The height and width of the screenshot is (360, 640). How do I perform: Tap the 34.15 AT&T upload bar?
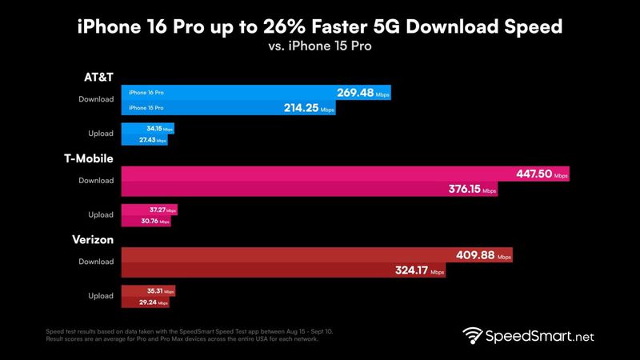pyautogui.click(x=147, y=128)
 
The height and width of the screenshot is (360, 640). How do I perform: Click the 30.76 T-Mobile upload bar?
pyautogui.click(x=145, y=220)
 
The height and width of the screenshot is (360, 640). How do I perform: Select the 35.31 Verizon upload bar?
pyautogui.click(x=147, y=291)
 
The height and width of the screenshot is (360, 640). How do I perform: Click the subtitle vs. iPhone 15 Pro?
pyautogui.click(x=320, y=46)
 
